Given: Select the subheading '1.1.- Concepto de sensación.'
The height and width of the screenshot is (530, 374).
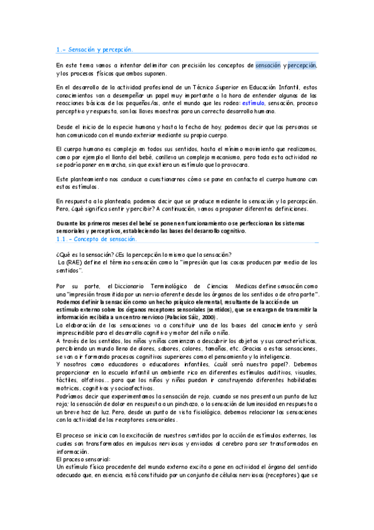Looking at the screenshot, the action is [96, 239].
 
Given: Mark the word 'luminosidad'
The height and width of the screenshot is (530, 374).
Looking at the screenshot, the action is [266, 405].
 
